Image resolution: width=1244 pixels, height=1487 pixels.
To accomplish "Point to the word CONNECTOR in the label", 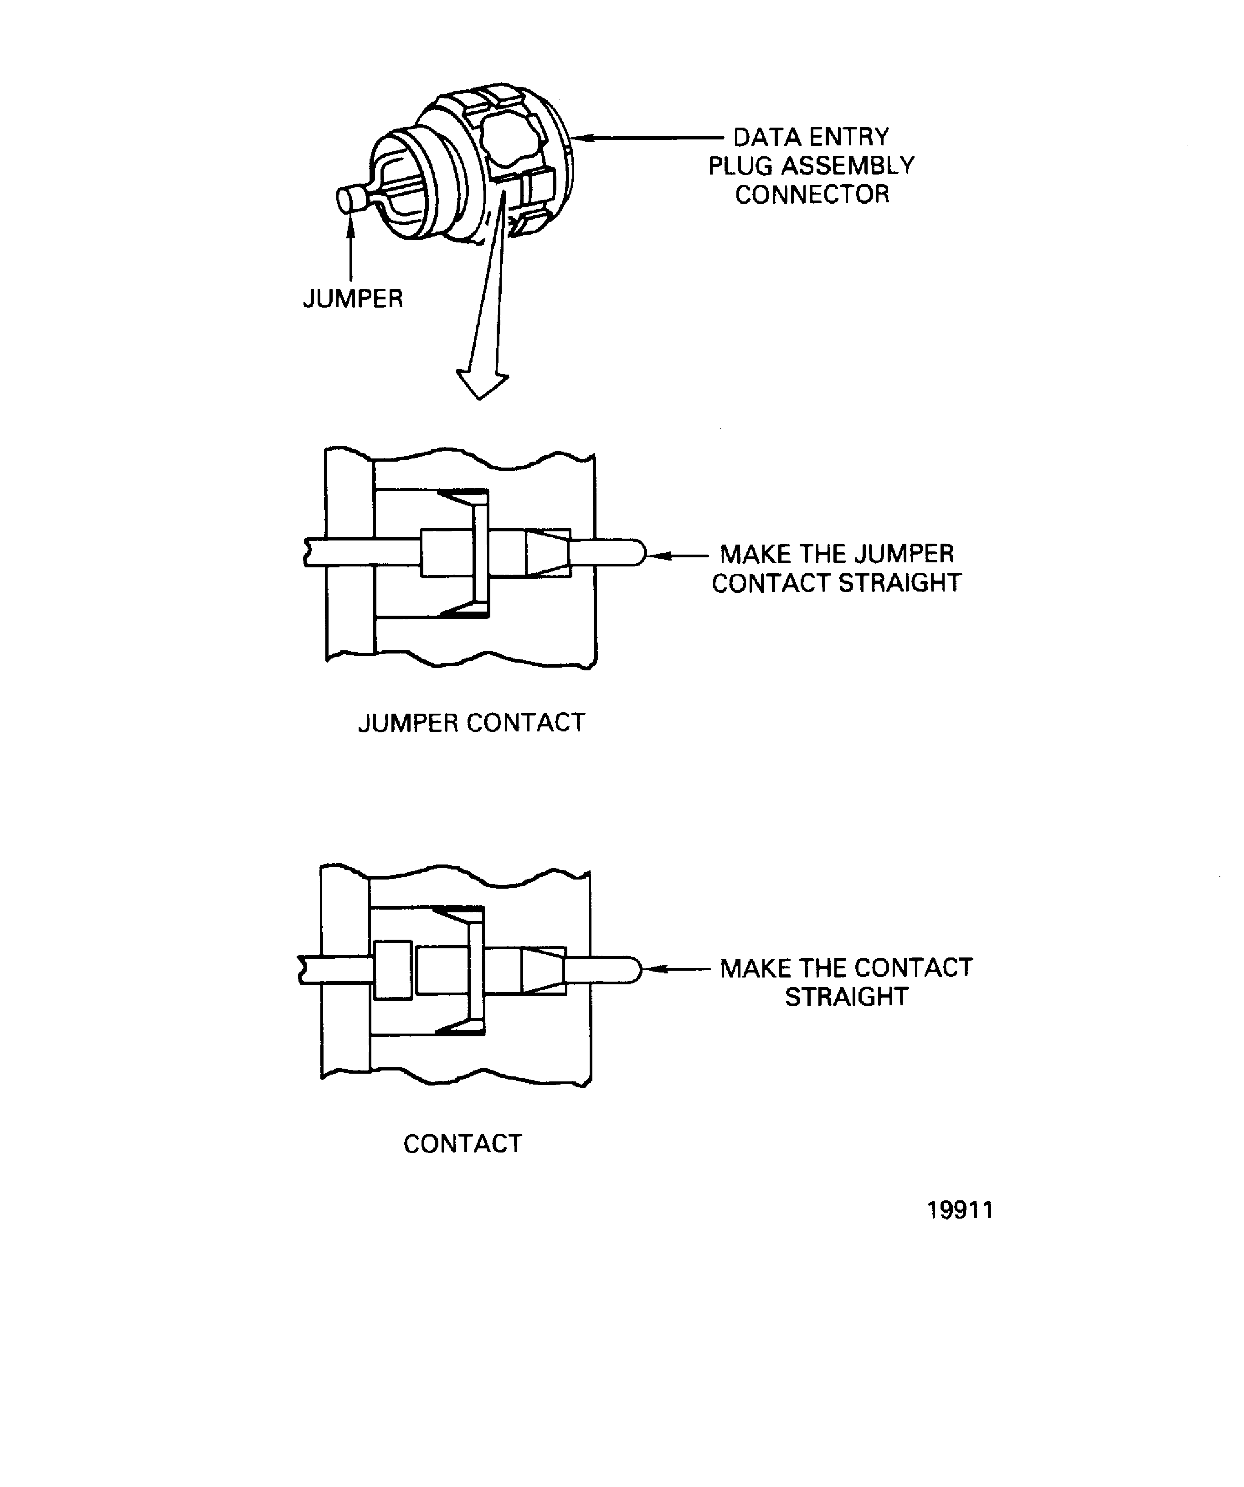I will [x=812, y=195].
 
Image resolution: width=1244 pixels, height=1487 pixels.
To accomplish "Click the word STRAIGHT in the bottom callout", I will [x=846, y=997].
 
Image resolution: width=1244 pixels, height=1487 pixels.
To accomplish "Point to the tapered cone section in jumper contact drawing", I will [x=547, y=552].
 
